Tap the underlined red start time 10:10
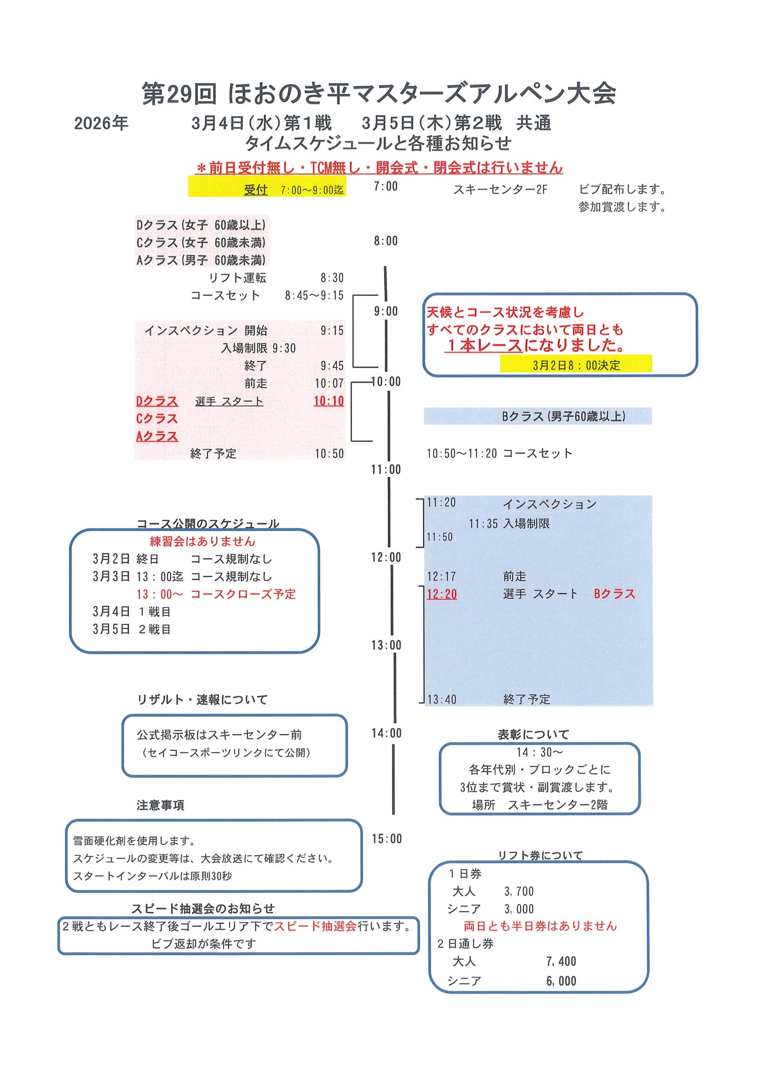coord(329,401)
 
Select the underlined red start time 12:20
coord(442,594)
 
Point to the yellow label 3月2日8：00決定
coord(576,365)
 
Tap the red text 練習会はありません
coord(203,541)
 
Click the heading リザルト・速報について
coord(202,700)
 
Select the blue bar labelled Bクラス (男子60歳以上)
coord(538,416)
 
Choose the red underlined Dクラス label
coord(157,401)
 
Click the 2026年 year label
coord(101,124)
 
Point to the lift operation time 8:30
coord(331,278)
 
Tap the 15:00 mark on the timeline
coord(386,839)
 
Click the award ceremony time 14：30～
coord(540,752)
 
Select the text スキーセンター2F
coord(500,190)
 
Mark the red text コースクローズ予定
coord(243,594)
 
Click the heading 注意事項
coord(160,805)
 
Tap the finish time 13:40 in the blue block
coord(442,700)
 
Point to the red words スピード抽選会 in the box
coord(315,926)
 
